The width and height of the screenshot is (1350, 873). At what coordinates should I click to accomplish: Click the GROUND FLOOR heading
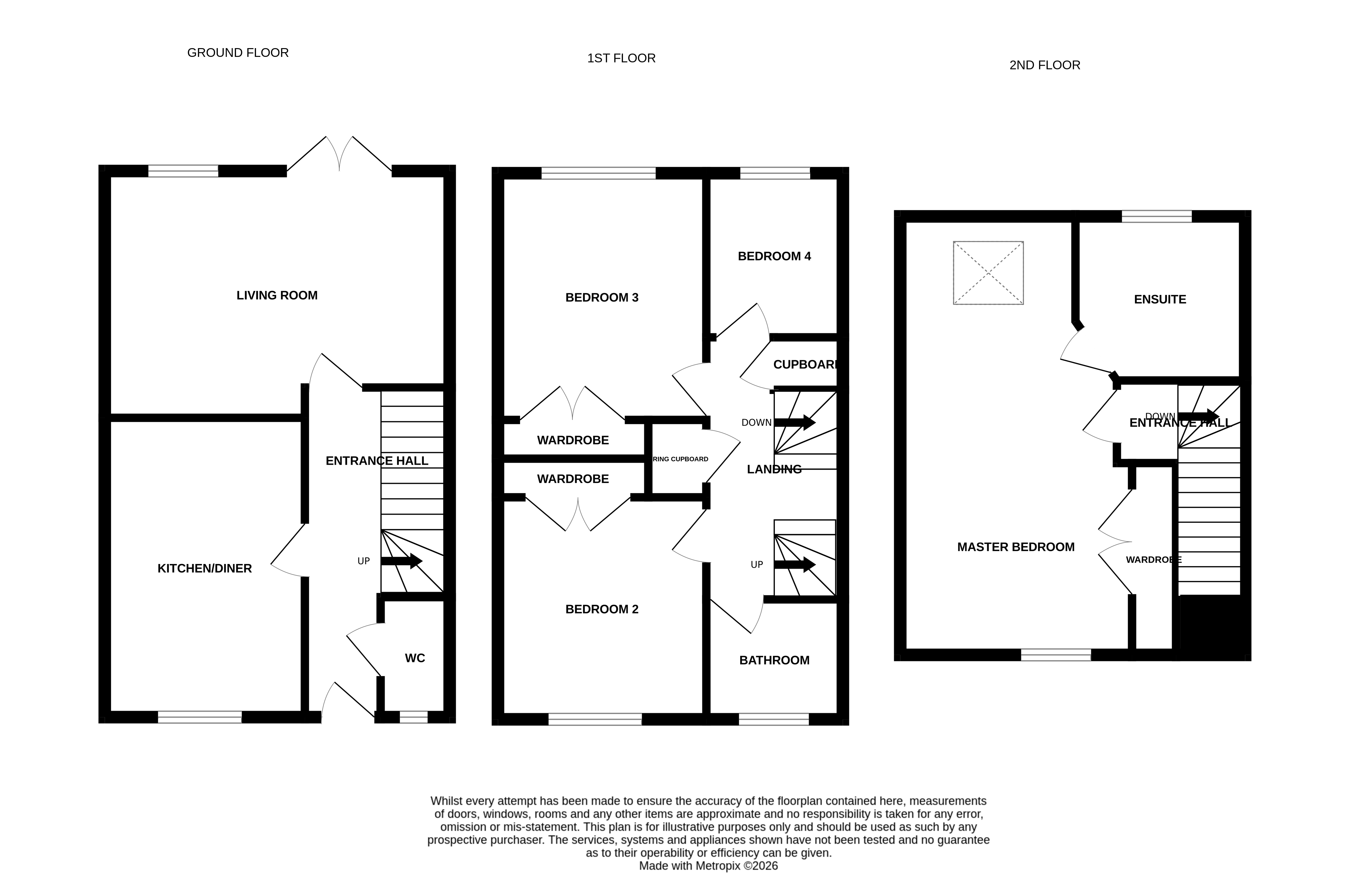click(x=238, y=53)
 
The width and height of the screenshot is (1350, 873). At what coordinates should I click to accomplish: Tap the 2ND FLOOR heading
click(x=1044, y=65)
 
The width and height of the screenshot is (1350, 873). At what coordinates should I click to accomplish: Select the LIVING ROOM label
click(x=277, y=295)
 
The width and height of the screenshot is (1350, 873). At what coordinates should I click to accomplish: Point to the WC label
click(x=414, y=658)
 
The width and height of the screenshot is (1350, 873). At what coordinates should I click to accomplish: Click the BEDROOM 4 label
click(x=774, y=256)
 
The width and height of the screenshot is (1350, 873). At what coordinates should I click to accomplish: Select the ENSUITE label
click(x=1160, y=299)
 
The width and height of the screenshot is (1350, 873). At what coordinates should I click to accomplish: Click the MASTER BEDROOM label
click(x=1016, y=547)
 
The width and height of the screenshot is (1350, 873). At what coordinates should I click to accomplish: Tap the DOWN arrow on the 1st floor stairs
click(x=794, y=422)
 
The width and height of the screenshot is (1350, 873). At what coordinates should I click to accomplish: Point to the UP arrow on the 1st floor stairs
click(x=794, y=565)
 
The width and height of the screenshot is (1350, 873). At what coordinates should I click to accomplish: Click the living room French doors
click(x=339, y=156)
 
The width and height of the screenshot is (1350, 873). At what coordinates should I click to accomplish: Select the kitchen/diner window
click(x=200, y=717)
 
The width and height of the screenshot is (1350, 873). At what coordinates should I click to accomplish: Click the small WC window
click(x=413, y=717)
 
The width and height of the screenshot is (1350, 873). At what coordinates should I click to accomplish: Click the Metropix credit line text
click(x=708, y=866)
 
